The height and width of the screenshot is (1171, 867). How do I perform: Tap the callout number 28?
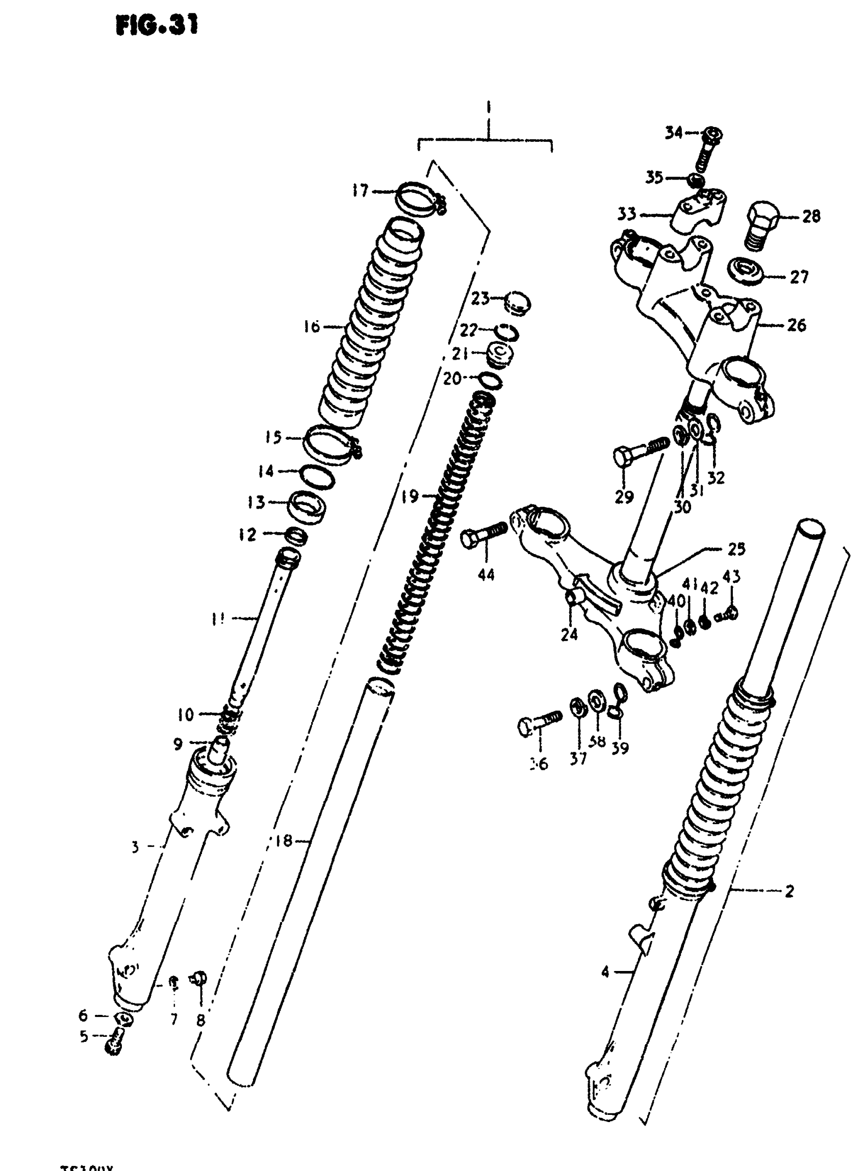(811, 216)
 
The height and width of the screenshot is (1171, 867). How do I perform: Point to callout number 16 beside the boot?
(311, 327)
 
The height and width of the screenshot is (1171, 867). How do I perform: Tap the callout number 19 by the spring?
(410, 496)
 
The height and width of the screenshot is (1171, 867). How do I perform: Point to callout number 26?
(797, 325)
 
